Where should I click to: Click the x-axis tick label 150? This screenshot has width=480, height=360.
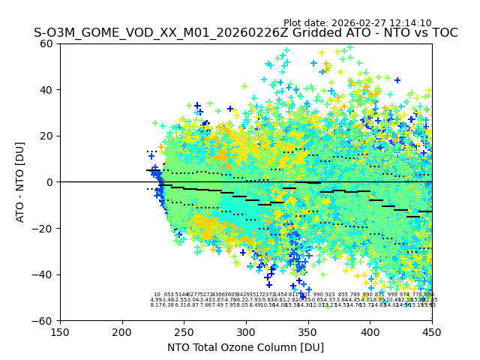click(x=60, y=331)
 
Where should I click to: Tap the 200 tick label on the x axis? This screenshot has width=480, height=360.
click(x=122, y=331)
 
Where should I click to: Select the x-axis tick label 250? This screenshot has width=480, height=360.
click(x=184, y=331)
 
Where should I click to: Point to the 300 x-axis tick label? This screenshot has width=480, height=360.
click(x=246, y=331)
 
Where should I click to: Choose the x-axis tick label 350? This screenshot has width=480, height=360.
click(x=308, y=331)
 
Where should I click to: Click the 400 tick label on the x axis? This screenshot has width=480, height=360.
click(x=370, y=331)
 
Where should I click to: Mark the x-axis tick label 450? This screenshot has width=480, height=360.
click(x=432, y=331)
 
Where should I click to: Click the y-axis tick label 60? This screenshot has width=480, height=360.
click(x=46, y=43)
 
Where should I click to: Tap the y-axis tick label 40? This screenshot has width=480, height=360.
click(x=46, y=90)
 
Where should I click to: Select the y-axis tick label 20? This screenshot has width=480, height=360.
click(x=46, y=136)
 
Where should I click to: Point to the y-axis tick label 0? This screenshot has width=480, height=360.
click(x=49, y=182)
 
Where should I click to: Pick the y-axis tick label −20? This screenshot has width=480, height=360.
click(x=43, y=229)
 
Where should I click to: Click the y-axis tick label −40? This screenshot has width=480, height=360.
click(x=43, y=274)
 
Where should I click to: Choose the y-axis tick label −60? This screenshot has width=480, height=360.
click(x=43, y=321)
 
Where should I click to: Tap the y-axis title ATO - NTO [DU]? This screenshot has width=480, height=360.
click(x=21, y=182)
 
